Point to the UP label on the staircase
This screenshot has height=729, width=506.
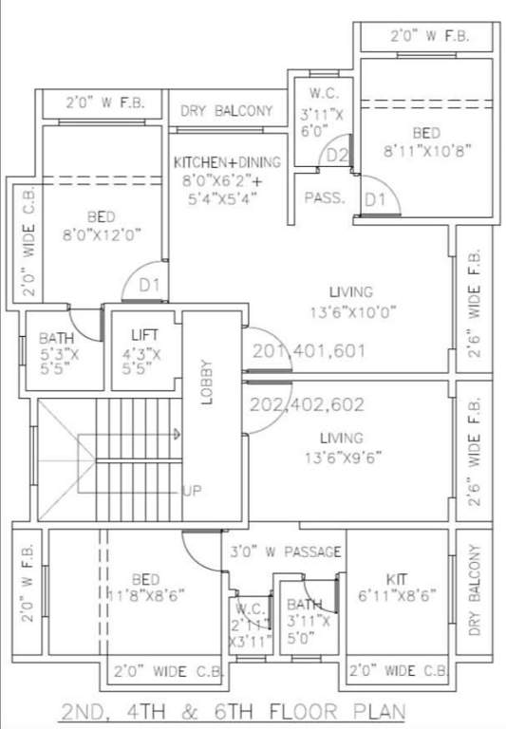193,491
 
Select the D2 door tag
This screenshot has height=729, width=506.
336,155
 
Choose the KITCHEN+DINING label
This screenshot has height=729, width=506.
225,163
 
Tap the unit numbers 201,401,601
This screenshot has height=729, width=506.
309,351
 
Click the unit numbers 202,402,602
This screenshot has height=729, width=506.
307,403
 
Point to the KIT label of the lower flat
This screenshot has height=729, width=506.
397,578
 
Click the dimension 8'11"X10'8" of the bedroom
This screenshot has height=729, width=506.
427,149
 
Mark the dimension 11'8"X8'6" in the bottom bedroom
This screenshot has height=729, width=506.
144,594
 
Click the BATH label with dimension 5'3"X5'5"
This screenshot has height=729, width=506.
57,338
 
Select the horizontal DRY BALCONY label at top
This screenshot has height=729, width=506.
226,111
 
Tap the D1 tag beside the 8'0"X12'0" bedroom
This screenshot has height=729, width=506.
148,284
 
